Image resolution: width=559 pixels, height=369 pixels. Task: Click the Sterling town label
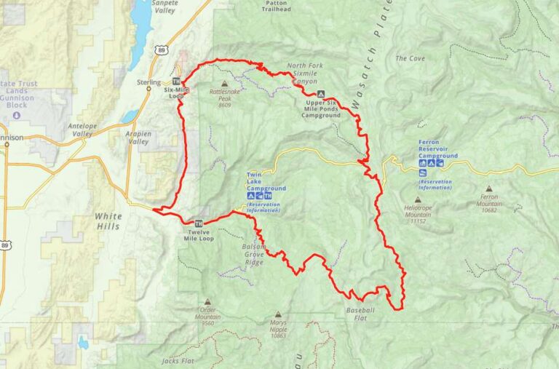(x=148, y=82)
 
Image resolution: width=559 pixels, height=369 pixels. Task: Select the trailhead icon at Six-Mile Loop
(x=176, y=81)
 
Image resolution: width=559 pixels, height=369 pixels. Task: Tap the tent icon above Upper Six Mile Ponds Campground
(x=320, y=94)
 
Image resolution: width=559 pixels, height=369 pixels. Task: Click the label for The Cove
(x=410, y=58)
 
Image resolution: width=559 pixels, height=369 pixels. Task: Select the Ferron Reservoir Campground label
(x=438, y=149)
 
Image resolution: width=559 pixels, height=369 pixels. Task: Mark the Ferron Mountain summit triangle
(x=488, y=188)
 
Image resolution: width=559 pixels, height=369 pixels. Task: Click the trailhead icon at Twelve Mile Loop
(x=199, y=223)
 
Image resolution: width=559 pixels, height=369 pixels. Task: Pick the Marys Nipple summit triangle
(x=277, y=314)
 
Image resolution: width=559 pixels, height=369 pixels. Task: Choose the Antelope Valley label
(x=82, y=129)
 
